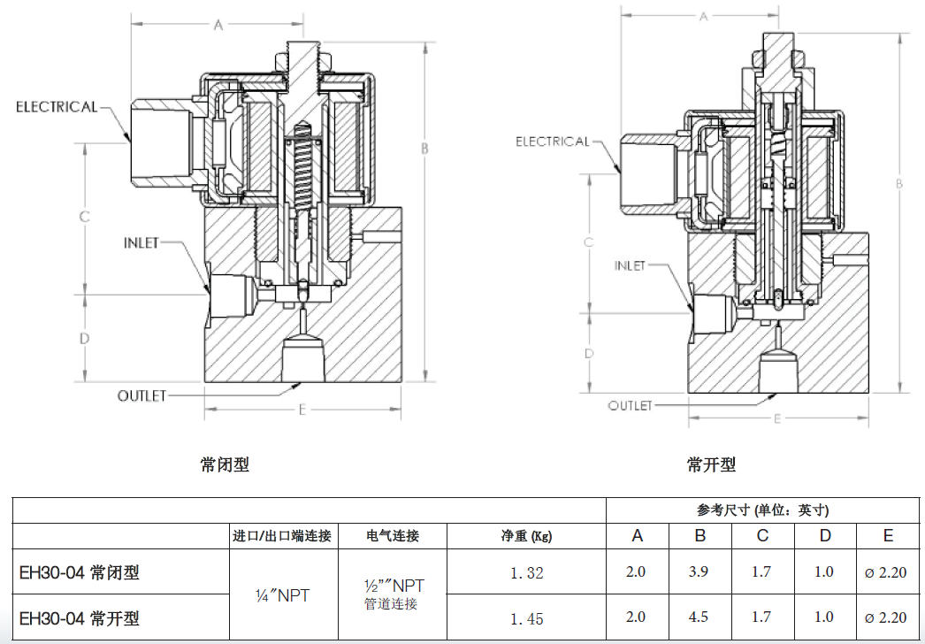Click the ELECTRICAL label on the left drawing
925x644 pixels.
pos(57,107)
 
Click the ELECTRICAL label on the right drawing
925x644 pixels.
pos(552,142)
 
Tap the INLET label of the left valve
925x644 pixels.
pos(141,242)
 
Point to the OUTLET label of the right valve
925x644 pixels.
pos(630,405)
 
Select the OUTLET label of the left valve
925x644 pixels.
pos(141,395)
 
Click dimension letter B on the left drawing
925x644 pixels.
pos(424,149)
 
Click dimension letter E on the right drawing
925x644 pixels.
pos(777,418)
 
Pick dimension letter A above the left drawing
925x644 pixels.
pos(218,26)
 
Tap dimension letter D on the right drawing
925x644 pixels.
pos(588,354)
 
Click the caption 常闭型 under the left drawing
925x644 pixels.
pos(225,464)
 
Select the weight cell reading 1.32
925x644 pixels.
pos(526,572)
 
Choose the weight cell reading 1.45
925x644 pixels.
pos(526,618)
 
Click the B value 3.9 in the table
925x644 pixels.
pos(699,571)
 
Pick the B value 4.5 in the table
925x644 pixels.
pos(699,617)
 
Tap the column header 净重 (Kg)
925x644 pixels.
pos(526,536)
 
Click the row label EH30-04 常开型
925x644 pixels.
pos(80,617)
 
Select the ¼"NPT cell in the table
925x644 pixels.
pos(282,595)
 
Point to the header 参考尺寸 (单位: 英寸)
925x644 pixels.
pos(762,510)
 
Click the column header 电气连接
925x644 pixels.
pos(393,536)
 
